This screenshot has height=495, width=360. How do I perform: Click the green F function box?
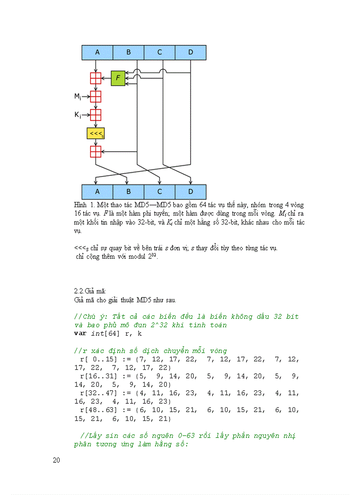point(118,78)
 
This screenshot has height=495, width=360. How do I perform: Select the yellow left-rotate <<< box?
point(96,133)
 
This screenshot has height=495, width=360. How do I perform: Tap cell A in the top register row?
point(97,52)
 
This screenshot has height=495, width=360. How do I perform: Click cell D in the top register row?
point(191,52)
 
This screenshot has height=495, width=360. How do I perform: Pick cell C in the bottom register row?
point(160,192)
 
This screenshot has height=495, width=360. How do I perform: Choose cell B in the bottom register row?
point(128,192)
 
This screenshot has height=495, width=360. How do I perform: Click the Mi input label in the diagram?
point(77,96)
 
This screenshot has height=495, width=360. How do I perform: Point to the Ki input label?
point(77,115)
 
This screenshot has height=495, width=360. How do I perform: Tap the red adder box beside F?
point(96,78)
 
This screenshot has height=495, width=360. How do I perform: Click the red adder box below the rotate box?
point(96,152)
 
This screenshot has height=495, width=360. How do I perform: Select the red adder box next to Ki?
point(96,115)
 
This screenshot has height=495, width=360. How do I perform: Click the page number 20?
point(56,461)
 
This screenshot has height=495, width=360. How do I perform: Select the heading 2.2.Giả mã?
point(90,291)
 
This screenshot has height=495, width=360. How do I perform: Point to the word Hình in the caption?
point(81,205)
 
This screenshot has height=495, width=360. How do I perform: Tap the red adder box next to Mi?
point(96,96)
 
